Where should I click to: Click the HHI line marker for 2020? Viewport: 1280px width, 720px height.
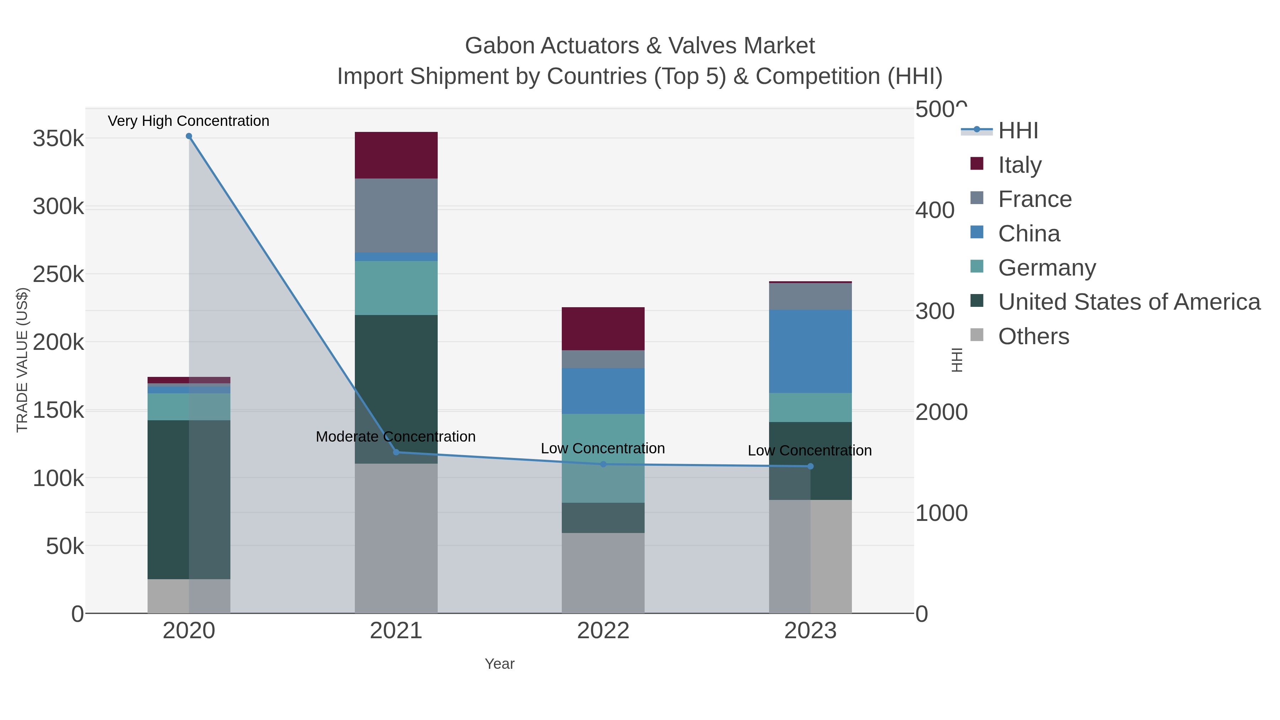(189, 136)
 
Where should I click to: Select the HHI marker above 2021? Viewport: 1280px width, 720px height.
(396, 452)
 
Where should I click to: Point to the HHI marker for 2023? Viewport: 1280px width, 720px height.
(810, 466)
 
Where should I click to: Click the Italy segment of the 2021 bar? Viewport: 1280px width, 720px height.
(396, 155)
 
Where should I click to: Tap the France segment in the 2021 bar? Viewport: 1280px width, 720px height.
(396, 215)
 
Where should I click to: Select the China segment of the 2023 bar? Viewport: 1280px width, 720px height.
(810, 351)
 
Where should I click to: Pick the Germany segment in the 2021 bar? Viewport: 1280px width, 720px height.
(396, 288)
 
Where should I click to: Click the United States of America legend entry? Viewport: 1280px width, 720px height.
(1129, 302)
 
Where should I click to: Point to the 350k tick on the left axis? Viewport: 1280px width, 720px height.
(58, 139)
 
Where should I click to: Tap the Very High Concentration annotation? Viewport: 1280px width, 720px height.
(189, 121)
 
